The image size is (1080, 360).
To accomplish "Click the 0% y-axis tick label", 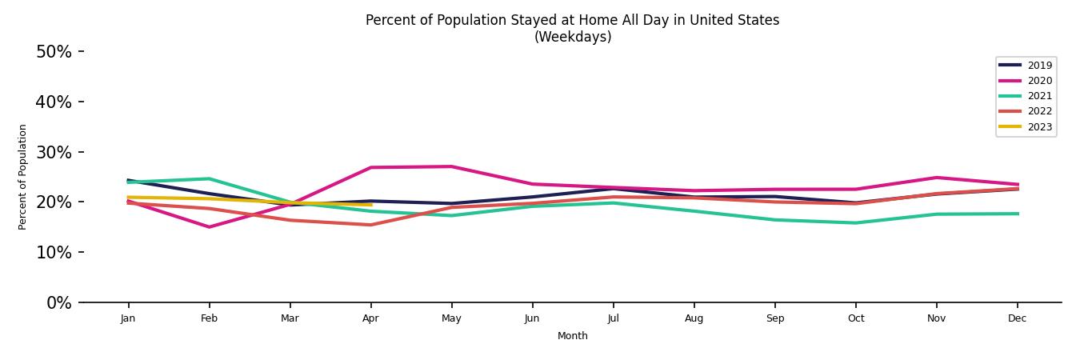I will coord(58,303).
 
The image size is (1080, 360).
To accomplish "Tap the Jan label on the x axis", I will coord(128,318).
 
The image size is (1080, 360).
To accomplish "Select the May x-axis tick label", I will coord(451,318).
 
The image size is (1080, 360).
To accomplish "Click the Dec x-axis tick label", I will coord(1017,318).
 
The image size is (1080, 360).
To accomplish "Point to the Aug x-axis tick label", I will coord(694,318).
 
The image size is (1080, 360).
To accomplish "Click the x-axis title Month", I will coord(573,336).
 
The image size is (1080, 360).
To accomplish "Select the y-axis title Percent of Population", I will coord(23,177).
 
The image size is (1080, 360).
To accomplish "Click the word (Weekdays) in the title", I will coord(573,37).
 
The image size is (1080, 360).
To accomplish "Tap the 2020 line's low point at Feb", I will coord(209,227).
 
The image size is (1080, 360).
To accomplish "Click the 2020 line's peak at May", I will coord(451,166).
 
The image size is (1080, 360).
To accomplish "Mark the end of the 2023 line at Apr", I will coord(370,205).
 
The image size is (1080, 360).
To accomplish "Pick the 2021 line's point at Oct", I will coord(855,223).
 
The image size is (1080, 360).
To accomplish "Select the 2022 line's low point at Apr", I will coord(370,225).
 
